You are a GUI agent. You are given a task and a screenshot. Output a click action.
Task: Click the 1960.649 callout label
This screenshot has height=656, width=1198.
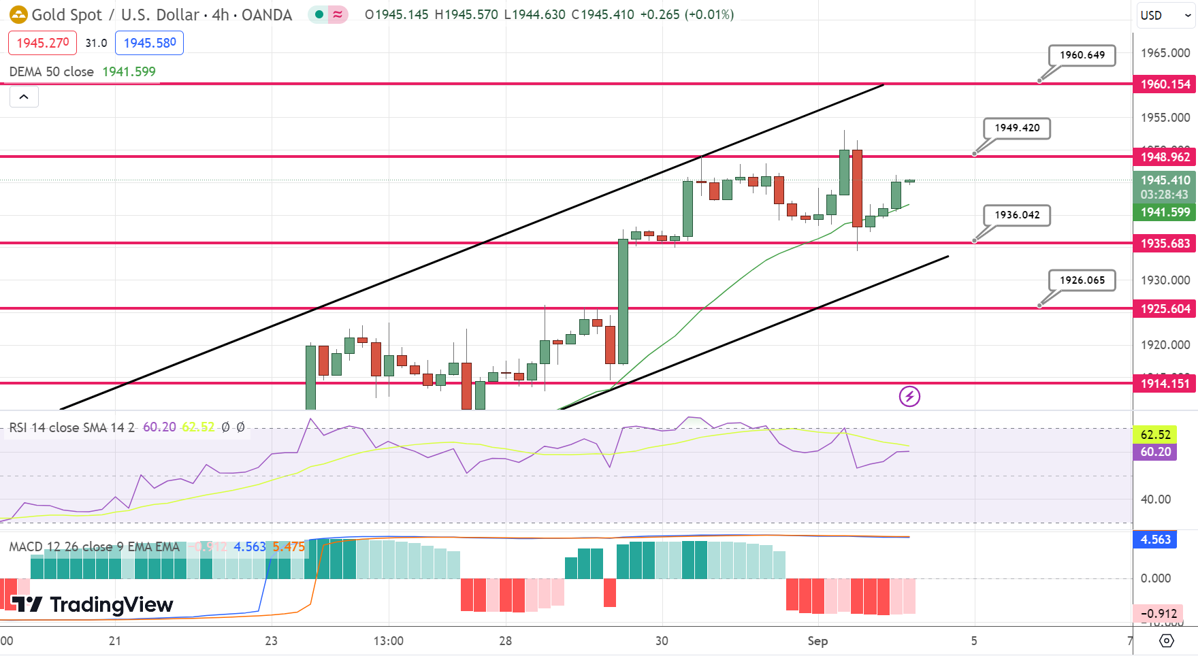pos(1082,55)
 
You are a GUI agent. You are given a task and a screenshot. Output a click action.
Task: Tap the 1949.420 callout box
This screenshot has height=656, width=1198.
pos(1017,128)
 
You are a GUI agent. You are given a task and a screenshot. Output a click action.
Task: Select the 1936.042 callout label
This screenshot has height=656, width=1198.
pos(1017,215)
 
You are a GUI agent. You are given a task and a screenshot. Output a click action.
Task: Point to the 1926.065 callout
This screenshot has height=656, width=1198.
pos(1082,280)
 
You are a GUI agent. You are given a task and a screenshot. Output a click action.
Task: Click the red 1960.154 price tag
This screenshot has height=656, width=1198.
pos(1165,84)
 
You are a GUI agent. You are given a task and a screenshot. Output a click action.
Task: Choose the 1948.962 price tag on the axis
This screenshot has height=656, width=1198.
pos(1165,157)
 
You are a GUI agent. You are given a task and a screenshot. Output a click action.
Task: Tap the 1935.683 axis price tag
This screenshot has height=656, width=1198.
pos(1165,244)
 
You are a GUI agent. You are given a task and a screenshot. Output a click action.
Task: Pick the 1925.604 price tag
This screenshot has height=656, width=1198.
pos(1165,309)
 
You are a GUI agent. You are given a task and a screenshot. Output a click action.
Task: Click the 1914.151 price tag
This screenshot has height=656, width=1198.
pos(1165,384)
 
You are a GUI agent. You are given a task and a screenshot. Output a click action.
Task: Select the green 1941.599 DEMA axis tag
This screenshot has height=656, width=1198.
pos(1165,212)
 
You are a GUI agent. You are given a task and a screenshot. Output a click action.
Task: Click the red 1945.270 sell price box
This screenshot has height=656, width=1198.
pos(42,43)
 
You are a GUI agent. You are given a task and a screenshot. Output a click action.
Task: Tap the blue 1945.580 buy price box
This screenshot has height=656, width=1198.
pos(149,43)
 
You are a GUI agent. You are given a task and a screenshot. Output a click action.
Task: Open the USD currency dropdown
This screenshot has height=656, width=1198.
pos(1165,15)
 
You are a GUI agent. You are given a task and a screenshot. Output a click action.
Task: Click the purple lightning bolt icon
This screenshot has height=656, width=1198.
pos(909,396)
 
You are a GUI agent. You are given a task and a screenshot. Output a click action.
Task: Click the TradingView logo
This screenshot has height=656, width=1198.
pos(93,604)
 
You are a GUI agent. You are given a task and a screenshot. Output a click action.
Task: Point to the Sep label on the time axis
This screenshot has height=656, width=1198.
pos(817,641)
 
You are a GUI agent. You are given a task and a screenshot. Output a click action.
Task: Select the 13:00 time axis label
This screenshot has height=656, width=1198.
pos(388,641)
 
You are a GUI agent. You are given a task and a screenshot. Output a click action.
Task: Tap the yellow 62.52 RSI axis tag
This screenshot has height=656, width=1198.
pos(1155,435)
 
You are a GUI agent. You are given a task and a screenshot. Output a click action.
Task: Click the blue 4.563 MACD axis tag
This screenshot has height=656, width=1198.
pos(1155,540)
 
